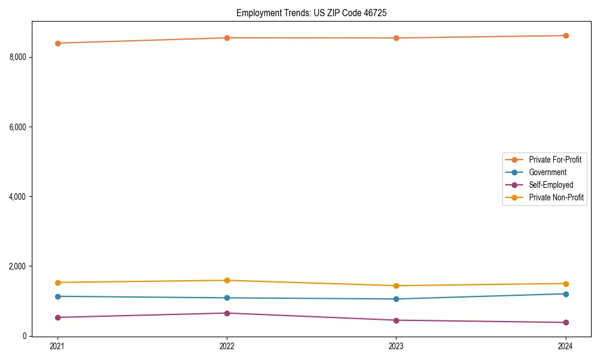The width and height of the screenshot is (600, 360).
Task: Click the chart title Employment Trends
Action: tap(316, 13)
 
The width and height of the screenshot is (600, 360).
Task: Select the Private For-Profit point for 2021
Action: tap(58, 43)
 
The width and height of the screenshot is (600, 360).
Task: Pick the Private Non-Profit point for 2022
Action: tap(227, 280)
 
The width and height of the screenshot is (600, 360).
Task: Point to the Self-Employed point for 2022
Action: tap(227, 313)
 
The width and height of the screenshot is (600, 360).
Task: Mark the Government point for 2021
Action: tap(58, 296)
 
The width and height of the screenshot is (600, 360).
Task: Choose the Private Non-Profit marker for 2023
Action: tap(396, 286)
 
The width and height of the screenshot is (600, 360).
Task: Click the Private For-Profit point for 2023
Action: tap(396, 38)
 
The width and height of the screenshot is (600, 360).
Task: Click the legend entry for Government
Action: tap(547, 172)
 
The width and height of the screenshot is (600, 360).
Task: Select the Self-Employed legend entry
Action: tap(551, 185)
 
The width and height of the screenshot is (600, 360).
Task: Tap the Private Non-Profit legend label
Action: tap(556, 197)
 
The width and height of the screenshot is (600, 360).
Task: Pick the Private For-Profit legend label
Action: tap(555, 160)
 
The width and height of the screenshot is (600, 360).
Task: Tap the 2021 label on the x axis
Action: tap(58, 346)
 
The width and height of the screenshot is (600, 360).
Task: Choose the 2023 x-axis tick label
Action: tap(396, 346)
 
